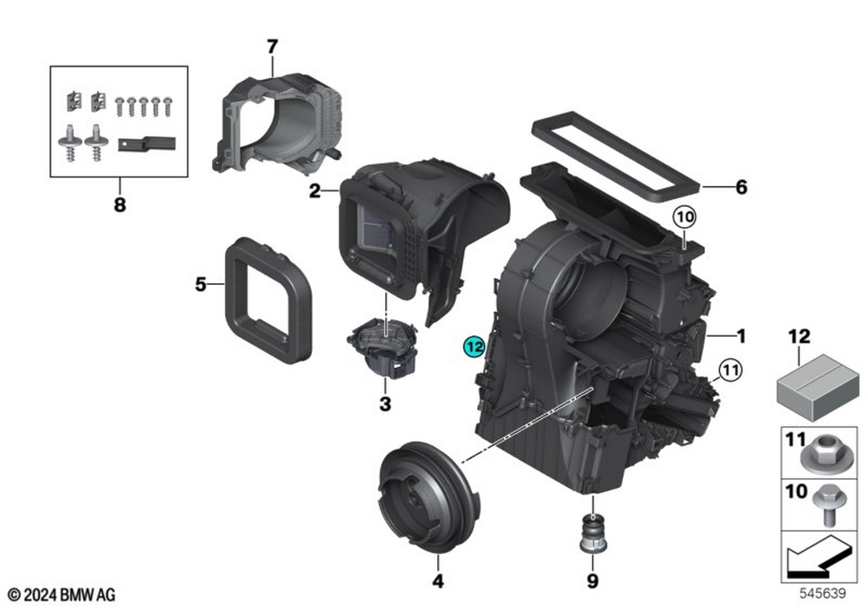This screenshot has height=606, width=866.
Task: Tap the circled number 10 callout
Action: coord(684,217)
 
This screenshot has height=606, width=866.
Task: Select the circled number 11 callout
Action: coord(730,370)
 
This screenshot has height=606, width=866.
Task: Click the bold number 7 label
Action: coord(272,47)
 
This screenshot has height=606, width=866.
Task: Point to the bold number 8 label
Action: coord(120,205)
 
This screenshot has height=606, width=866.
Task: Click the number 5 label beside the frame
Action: coord(201,284)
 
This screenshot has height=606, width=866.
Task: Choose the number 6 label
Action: coord(741,187)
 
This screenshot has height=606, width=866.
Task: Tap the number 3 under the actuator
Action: coord(385,404)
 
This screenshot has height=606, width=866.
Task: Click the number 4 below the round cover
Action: coord(438,581)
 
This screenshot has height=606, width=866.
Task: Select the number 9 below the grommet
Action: coord(592,581)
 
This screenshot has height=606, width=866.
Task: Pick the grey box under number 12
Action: coord(818,387)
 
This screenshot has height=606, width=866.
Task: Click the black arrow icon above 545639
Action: coord(818,556)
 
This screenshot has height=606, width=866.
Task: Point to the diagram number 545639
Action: coord(823,593)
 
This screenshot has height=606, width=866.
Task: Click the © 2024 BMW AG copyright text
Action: coord(61,595)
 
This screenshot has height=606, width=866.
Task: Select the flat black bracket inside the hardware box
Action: coord(146,144)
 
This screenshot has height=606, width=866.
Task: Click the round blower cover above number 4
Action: coord(429,497)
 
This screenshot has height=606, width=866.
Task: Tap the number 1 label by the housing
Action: coord(741,336)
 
